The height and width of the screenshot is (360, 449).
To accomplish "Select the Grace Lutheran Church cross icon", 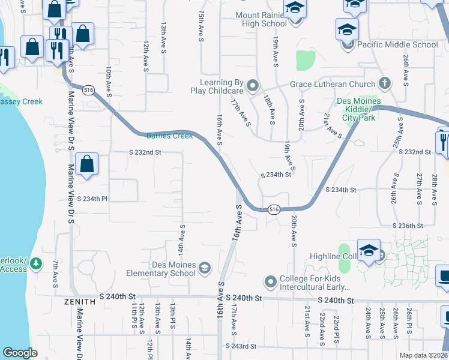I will [385, 84].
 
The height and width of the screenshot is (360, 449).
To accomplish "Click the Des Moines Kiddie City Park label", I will [359, 109].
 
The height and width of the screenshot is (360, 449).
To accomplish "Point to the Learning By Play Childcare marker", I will [252, 86].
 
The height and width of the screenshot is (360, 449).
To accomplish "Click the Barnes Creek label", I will [170, 136].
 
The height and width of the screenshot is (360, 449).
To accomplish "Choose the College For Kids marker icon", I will [270, 281].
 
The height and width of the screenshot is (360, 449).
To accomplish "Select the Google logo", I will [20, 353].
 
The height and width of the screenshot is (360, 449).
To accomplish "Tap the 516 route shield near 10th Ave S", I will [89, 90].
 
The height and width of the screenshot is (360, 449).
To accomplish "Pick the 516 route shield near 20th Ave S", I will [273, 209].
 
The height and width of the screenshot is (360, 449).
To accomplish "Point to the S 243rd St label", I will [241, 346].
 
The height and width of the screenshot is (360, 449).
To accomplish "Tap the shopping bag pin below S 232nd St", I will [87, 163].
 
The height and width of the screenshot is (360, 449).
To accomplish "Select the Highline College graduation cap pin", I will [368, 250].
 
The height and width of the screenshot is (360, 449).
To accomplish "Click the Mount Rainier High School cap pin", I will [294, 8].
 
